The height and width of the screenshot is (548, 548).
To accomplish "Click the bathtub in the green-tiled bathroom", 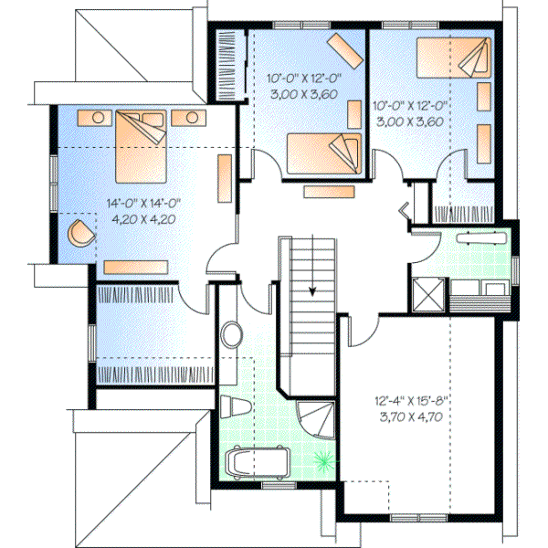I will pyautogui.click(x=258, y=462).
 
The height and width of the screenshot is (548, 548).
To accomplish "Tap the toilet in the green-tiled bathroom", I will pyautogui.click(x=232, y=406).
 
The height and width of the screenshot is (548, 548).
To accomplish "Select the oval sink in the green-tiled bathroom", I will pyautogui.click(x=232, y=334).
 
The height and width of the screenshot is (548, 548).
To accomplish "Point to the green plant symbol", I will pyautogui.click(x=322, y=460).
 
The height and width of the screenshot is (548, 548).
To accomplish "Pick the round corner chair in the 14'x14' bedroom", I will pyautogui.click(x=80, y=232).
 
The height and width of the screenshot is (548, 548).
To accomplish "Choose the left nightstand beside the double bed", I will pyautogui.click(x=96, y=117).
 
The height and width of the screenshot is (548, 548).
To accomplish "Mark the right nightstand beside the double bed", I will pyautogui.click(x=189, y=117).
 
